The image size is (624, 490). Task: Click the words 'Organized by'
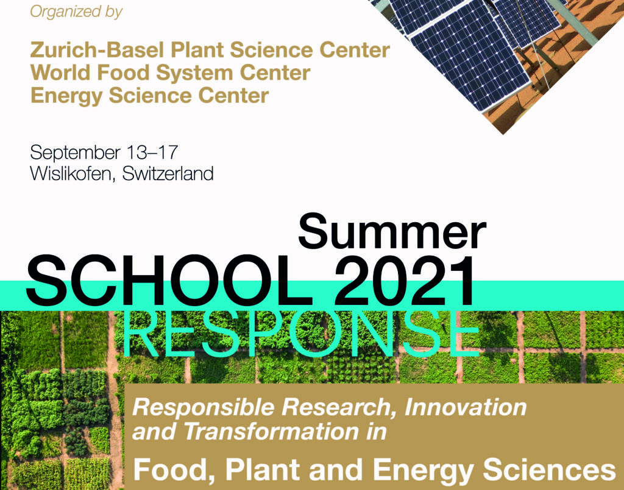tap(76, 12)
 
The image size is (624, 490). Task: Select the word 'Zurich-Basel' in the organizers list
tap(97, 50)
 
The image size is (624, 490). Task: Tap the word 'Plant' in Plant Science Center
tap(198, 50)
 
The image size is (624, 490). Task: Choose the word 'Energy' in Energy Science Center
tap(66, 96)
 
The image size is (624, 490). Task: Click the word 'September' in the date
tap(75, 153)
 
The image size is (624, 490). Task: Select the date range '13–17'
tap(152, 152)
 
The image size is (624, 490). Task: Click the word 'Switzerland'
tap(168, 173)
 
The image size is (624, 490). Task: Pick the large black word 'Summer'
tap(392, 231)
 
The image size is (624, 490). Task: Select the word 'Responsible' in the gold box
tap(204, 408)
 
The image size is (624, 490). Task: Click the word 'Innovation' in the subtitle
tap(466, 407)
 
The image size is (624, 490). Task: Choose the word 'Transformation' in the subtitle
tap(272, 432)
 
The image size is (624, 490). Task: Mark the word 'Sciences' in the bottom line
tap(549, 469)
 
